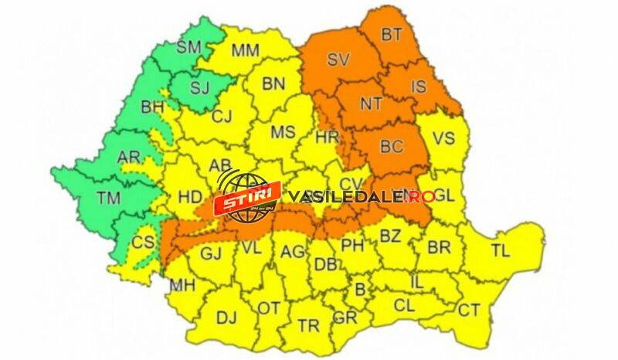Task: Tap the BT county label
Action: (392, 35)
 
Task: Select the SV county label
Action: (338, 59)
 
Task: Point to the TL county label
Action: (501, 250)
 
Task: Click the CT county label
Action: (469, 311)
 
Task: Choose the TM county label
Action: (109, 198)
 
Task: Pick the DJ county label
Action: (226, 317)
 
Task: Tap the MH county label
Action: (182, 285)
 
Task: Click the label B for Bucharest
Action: (358, 290)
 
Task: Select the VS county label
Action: (443, 139)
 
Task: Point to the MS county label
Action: (282, 132)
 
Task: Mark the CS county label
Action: (142, 242)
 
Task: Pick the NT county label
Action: (372, 104)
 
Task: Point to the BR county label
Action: (439, 249)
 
